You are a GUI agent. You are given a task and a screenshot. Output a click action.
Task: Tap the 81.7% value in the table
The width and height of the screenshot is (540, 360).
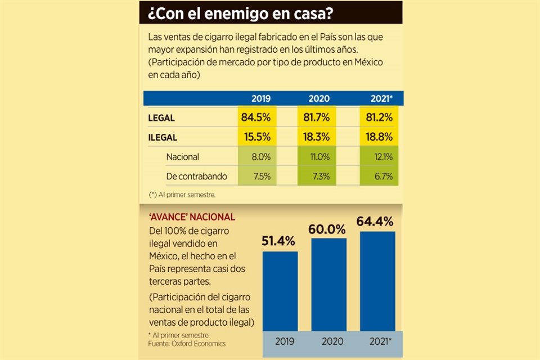[319, 118]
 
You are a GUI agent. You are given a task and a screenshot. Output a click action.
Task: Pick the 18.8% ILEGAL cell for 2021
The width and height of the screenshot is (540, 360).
[379, 137]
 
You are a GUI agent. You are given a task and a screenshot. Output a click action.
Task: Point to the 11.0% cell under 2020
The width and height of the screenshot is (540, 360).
[319, 157]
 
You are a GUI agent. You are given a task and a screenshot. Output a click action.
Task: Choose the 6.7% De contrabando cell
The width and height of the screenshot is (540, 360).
[379, 176]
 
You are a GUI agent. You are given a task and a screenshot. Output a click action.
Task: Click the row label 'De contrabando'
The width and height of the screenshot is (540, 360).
[196, 176]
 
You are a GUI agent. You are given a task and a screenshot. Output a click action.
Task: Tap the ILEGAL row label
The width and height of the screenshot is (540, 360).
[163, 137]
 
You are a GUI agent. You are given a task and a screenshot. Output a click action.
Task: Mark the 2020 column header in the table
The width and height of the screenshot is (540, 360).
[319, 98]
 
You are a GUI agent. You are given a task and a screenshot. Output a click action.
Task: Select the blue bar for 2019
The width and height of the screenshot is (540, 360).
[280, 291]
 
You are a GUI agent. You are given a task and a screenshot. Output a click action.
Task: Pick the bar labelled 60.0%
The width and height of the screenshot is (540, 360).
[328, 284]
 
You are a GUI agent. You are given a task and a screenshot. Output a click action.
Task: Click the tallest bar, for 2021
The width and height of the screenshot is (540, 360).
[377, 281]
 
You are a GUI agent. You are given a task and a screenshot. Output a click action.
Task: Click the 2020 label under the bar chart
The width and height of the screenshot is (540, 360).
[328, 342]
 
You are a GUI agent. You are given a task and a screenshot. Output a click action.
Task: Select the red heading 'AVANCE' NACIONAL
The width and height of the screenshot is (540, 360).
[192, 217]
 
